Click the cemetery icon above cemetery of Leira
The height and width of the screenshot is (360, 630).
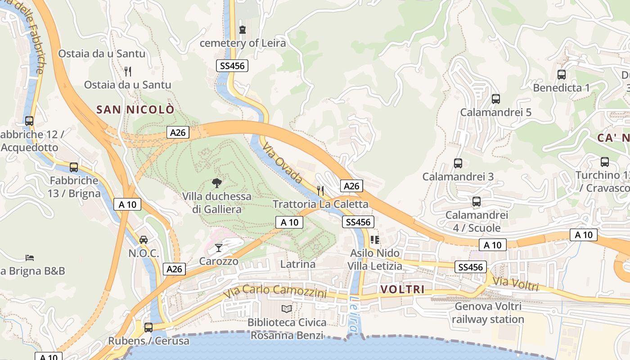pos(243,30)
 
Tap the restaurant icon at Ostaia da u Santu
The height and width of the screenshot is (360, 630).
pos(128,71)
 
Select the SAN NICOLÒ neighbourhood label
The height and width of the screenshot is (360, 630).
pos(135,109)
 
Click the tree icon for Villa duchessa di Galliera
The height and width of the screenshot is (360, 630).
pos(217,183)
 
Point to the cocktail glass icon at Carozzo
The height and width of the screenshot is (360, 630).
pos(219,247)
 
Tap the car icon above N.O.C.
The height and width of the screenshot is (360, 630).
pos(144,240)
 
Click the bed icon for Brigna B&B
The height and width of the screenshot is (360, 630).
pos(30,258)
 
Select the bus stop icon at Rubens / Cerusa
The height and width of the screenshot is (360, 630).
pos(148,327)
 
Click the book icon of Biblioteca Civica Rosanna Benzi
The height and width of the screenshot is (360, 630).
pos(287,309)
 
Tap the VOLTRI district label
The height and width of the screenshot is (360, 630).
pos(403,289)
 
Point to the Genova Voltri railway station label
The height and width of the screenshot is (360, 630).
pos(488,313)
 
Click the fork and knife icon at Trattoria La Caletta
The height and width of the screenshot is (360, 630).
pos(320,190)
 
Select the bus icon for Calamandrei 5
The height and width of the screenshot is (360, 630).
pos(496,99)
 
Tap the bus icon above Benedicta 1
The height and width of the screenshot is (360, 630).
pos(562,75)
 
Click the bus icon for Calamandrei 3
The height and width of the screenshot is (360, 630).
pos(458,163)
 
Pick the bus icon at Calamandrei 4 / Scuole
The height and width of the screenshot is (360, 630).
pos(477,202)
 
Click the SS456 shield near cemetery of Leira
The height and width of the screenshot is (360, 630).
pos(232,66)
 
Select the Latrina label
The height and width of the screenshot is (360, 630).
pos(298,264)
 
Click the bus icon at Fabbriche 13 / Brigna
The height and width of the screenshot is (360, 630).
pos(74,167)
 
